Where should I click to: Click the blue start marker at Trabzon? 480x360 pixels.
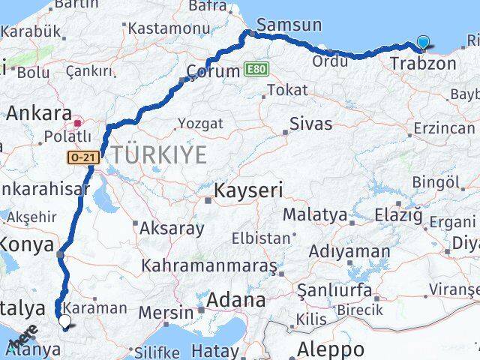(x=424, y=43)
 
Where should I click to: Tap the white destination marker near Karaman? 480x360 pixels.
(x=64, y=322)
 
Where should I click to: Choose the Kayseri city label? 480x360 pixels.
(x=248, y=190)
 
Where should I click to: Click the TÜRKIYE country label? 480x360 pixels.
(x=158, y=155)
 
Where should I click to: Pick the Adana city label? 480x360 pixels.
(x=237, y=301)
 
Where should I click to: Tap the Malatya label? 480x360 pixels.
(x=316, y=214)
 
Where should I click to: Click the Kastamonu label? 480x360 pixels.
(x=169, y=28)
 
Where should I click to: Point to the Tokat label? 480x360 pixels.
(x=286, y=90)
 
